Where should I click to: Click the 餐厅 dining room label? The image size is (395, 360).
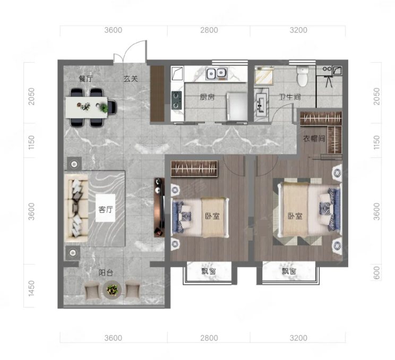pyautogui.click(x=86, y=79)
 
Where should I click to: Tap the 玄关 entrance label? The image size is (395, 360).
pyautogui.click(x=131, y=79)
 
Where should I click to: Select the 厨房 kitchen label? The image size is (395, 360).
pyautogui.click(x=208, y=97)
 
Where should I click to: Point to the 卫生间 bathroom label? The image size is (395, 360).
pyautogui.click(x=290, y=97)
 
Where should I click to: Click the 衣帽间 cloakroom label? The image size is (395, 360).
pyautogui.click(x=314, y=138)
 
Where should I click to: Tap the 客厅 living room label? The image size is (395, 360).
pyautogui.click(x=106, y=209)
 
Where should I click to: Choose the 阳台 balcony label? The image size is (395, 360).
pyautogui.click(x=106, y=272)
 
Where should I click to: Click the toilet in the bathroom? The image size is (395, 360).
pyautogui.click(x=303, y=76)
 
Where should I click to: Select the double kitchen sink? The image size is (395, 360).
pyautogui.click(x=217, y=74)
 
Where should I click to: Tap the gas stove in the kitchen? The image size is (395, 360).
pyautogui.click(x=177, y=100)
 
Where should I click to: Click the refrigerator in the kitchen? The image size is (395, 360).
pyautogui.click(x=237, y=106)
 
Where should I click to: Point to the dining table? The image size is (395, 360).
pyautogui.click(x=87, y=108)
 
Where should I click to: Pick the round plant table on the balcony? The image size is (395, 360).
pyautogui.click(x=112, y=290)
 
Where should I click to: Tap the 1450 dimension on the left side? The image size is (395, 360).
pyautogui.click(x=31, y=288)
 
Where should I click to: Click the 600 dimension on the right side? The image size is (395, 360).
pyautogui.click(x=376, y=273)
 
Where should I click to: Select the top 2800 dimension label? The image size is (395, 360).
pyautogui.click(x=209, y=30)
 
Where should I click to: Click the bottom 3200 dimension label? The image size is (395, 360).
pyautogui.click(x=298, y=338)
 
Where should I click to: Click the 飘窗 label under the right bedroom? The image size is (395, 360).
pyautogui.click(x=289, y=271)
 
